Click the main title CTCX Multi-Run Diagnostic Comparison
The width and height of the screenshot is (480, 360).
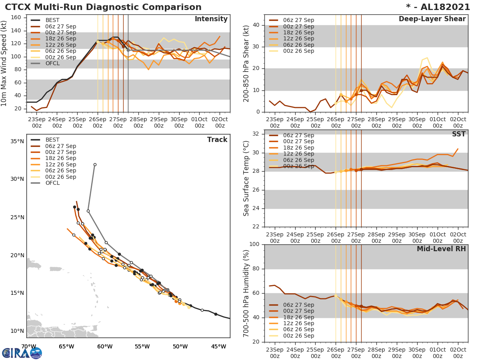click(x=103, y=7)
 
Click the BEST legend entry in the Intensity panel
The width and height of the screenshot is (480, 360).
click(x=52, y=20)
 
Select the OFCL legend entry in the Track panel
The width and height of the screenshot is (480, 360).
click(x=52, y=183)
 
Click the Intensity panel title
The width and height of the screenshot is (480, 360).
click(x=211, y=19)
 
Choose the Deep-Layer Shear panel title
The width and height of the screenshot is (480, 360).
click(x=432, y=19)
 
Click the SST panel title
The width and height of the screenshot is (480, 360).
click(x=458, y=134)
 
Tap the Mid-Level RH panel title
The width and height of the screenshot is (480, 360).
click(x=441, y=249)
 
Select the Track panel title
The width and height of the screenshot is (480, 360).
click(x=217, y=140)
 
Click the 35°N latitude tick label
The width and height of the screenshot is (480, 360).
click(x=17, y=141)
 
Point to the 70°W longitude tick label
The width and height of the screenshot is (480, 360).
click(x=28, y=346)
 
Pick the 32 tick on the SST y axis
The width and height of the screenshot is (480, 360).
click(x=255, y=134)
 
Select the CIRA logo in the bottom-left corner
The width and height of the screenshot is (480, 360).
click(x=22, y=353)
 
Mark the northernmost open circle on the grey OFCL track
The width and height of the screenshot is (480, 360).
click(x=95, y=164)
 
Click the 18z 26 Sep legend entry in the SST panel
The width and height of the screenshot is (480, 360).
click(x=298, y=148)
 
